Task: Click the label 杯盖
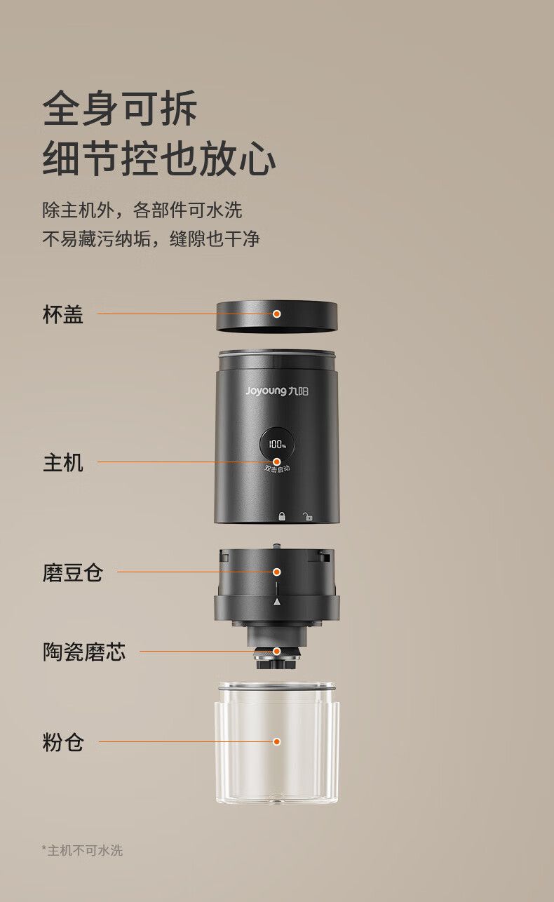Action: [x=63, y=314]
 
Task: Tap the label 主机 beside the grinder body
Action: [x=63, y=463]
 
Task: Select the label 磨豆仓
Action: [x=73, y=572]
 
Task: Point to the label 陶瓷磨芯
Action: [x=84, y=652]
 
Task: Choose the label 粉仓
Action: [x=63, y=742]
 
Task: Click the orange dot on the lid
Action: [x=276, y=314]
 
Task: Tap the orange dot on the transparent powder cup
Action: [x=276, y=741]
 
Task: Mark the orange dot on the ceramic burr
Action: [x=276, y=651]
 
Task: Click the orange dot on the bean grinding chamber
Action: [x=276, y=572]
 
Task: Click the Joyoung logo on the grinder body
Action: [x=277, y=391]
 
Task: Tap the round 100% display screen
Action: [x=276, y=445]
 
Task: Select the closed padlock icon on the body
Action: [x=282, y=516]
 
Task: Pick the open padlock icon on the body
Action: [x=308, y=516]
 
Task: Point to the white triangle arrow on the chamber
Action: [x=276, y=602]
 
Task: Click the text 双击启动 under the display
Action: [x=277, y=469]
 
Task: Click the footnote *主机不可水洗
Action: [x=82, y=851]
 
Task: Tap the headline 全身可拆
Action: [x=120, y=108]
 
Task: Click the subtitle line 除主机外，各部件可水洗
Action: [x=142, y=210]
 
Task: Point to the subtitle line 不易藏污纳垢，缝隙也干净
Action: [x=151, y=238]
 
